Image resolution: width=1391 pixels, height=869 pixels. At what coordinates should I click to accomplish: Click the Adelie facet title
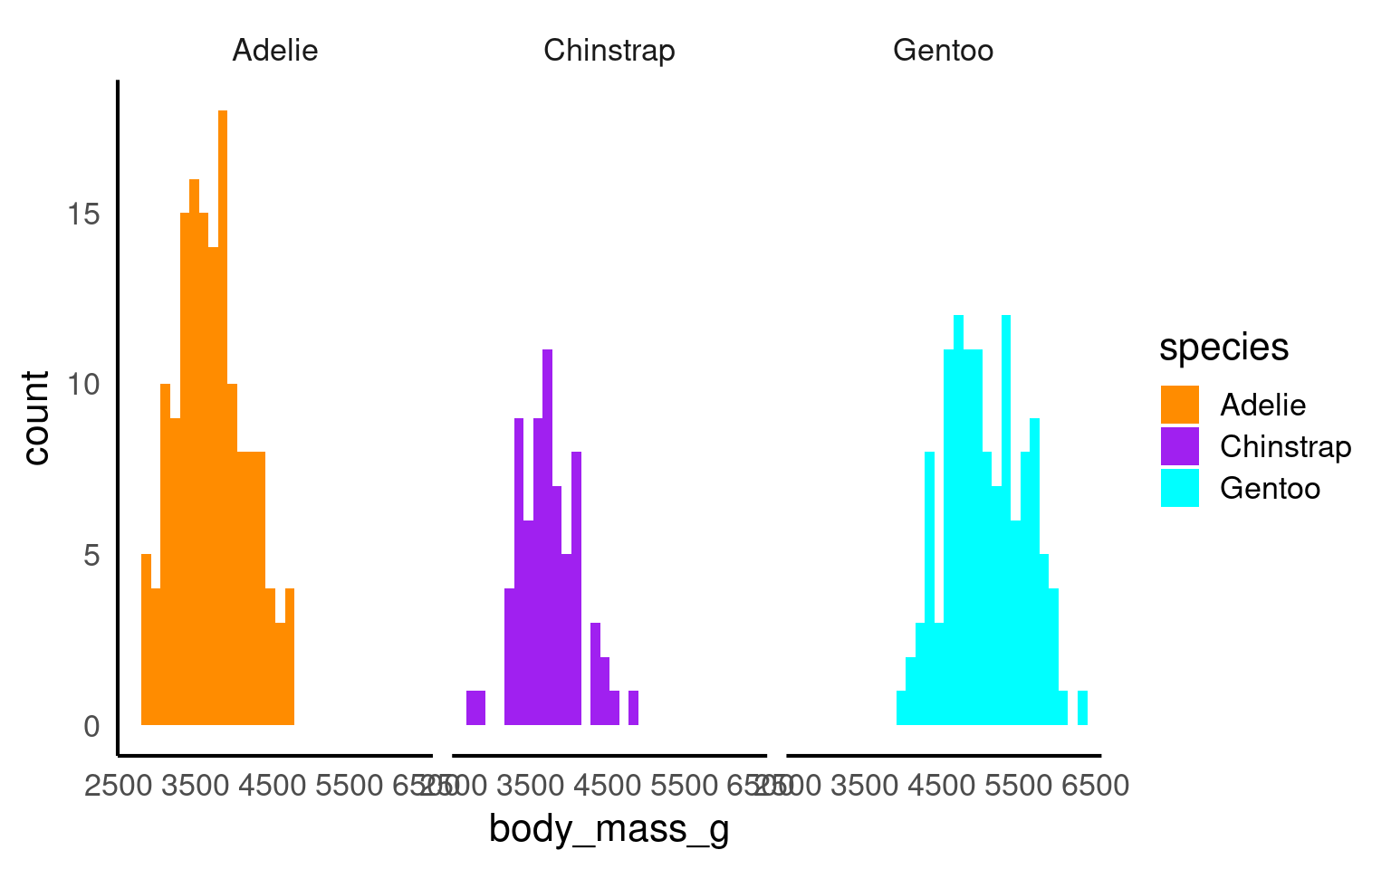(x=275, y=50)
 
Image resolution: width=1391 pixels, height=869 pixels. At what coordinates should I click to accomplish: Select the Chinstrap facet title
(x=609, y=50)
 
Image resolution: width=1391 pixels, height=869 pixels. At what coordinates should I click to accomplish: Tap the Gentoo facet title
(x=943, y=50)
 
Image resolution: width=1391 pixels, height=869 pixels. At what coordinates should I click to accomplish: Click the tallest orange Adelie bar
(x=223, y=416)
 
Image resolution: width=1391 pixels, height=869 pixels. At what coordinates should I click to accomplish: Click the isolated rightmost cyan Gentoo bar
(x=1082, y=708)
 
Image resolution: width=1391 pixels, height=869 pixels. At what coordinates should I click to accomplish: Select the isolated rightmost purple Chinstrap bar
(x=633, y=708)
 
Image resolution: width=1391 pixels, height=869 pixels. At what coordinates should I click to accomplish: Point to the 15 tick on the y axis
(x=83, y=215)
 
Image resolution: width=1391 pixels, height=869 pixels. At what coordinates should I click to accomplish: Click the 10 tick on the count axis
(x=83, y=385)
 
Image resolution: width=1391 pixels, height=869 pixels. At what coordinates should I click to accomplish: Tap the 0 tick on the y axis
(x=91, y=726)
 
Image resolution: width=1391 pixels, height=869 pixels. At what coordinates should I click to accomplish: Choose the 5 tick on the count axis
(x=91, y=555)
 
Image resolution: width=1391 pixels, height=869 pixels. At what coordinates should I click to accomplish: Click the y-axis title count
(x=36, y=417)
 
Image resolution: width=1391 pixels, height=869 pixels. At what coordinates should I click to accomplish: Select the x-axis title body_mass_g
(x=609, y=829)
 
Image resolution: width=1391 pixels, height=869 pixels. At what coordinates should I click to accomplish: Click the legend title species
(x=1223, y=347)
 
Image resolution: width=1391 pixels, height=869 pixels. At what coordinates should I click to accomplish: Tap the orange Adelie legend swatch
(x=1179, y=405)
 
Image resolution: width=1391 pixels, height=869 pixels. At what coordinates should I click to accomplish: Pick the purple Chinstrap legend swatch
(x=1179, y=446)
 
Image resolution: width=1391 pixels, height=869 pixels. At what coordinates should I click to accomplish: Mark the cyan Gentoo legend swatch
(x=1179, y=488)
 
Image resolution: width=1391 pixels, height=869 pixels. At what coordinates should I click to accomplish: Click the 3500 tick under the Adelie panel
(x=196, y=786)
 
